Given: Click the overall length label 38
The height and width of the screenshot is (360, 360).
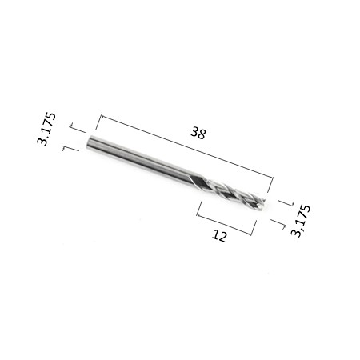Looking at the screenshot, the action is [198, 133].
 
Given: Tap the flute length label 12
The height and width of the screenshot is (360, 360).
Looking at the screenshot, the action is [219, 236].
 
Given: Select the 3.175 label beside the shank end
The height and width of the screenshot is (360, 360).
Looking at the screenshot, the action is [46, 129].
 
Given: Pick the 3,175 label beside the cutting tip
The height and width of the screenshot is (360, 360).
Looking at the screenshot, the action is [301, 221].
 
